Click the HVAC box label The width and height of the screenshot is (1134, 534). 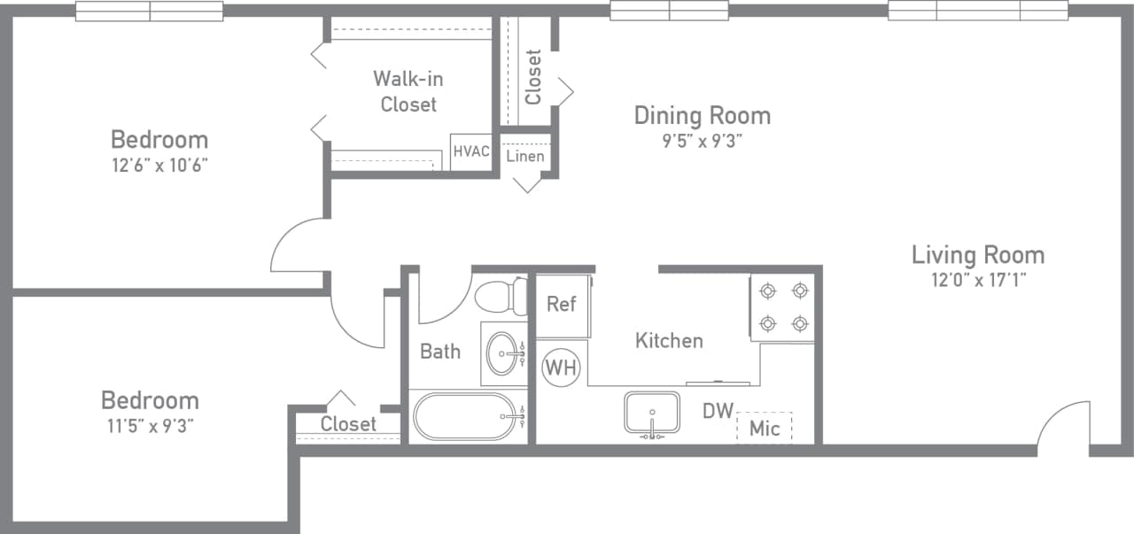[x=470, y=151]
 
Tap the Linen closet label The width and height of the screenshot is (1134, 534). [x=525, y=157]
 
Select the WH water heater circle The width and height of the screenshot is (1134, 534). [x=561, y=367]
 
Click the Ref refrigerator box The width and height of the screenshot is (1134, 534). [x=562, y=305]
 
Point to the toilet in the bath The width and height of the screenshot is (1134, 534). [x=501, y=296]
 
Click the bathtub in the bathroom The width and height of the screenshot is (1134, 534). [x=465, y=415]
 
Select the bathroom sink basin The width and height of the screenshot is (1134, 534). [x=503, y=352]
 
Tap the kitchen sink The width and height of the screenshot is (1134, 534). [x=652, y=413]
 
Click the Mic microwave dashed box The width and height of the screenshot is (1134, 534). [x=764, y=428]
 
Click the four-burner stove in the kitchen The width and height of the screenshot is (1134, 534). [x=783, y=307]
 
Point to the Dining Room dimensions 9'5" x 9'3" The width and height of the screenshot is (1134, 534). [x=701, y=140]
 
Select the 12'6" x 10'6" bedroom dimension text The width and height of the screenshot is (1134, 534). [x=159, y=164]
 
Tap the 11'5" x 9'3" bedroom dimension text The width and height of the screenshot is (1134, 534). [x=150, y=425]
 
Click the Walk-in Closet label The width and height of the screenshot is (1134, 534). [x=408, y=91]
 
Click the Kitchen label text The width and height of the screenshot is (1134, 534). [x=669, y=340]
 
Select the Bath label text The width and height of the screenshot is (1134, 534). [x=440, y=352]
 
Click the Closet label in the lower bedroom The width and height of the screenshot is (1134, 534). [x=348, y=424]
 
